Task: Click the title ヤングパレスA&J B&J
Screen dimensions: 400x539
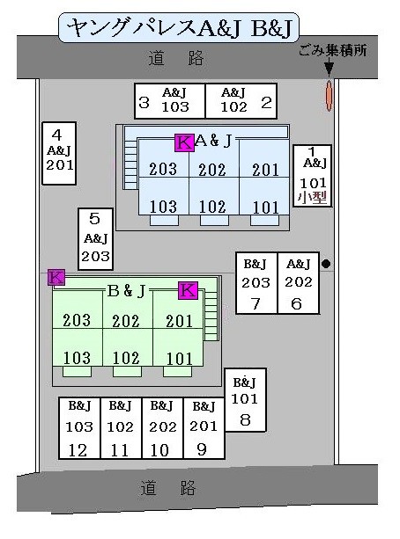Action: click(x=179, y=27)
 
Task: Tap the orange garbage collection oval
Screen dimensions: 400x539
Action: click(x=330, y=96)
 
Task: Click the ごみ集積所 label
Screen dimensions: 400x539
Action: click(x=332, y=51)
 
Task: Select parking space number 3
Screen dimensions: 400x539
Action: click(x=170, y=101)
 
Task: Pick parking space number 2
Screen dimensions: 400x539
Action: click(x=241, y=101)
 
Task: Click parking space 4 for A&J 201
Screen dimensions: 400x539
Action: click(x=59, y=153)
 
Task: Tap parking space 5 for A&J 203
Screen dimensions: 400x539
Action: click(x=95, y=239)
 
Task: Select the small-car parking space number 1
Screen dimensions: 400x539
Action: click(x=313, y=176)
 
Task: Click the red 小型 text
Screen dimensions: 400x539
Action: click(x=313, y=198)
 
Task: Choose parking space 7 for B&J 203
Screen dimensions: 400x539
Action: click(x=256, y=283)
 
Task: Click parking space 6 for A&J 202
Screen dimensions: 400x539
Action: click(x=299, y=283)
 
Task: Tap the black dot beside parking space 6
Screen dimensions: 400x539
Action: click(x=326, y=264)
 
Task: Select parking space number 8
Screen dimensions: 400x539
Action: click(x=245, y=400)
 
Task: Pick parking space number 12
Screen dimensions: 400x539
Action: click(x=79, y=428)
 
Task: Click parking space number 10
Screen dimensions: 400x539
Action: click(x=163, y=428)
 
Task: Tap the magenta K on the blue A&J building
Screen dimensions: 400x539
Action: click(x=184, y=142)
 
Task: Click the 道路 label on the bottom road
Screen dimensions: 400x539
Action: click(x=167, y=488)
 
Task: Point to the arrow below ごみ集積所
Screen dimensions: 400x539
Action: click(x=330, y=67)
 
